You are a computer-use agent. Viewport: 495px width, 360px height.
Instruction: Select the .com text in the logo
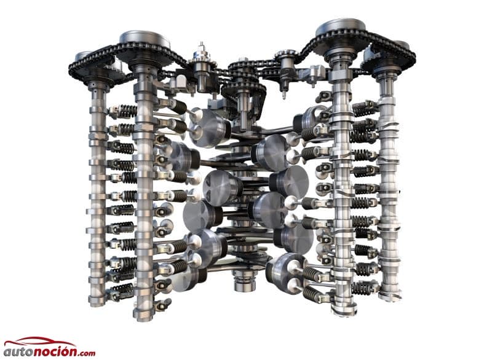click(x=85, y=353)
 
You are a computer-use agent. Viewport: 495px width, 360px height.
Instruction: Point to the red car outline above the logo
click(x=39, y=342)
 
